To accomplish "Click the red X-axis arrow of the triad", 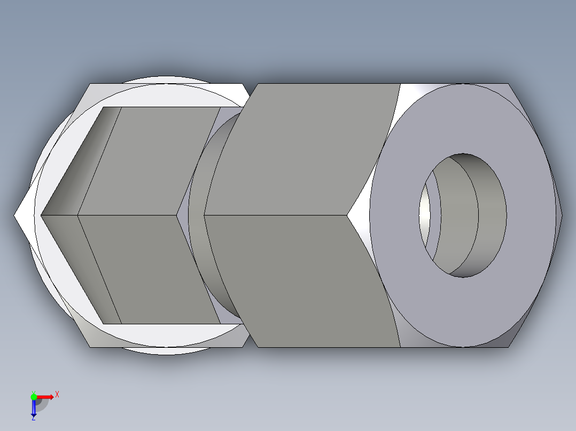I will point(45,396).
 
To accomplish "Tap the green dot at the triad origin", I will point(34,396).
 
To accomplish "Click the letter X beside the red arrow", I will point(57,395).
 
